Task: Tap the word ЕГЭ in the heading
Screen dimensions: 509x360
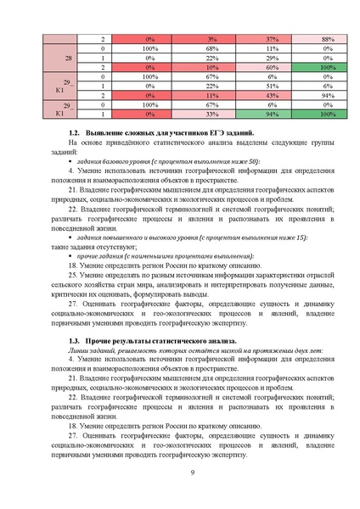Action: [x=214, y=136]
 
